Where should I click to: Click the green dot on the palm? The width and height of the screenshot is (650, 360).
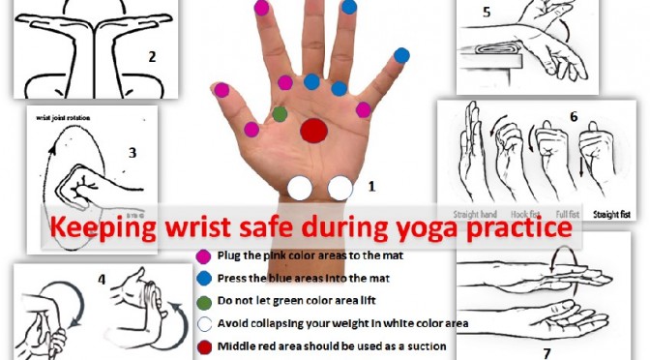tap(281, 114)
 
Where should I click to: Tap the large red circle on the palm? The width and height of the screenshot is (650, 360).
tap(314, 131)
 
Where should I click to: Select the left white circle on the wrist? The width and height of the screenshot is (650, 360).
tap(301, 188)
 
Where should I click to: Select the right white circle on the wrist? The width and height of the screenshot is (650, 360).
tap(340, 188)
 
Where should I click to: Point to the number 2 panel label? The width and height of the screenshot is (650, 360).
tap(152, 56)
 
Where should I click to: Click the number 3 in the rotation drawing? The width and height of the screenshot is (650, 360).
tap(133, 152)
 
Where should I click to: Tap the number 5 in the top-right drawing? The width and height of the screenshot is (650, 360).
tap(487, 13)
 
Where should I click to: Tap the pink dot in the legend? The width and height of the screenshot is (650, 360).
tap(203, 256)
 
